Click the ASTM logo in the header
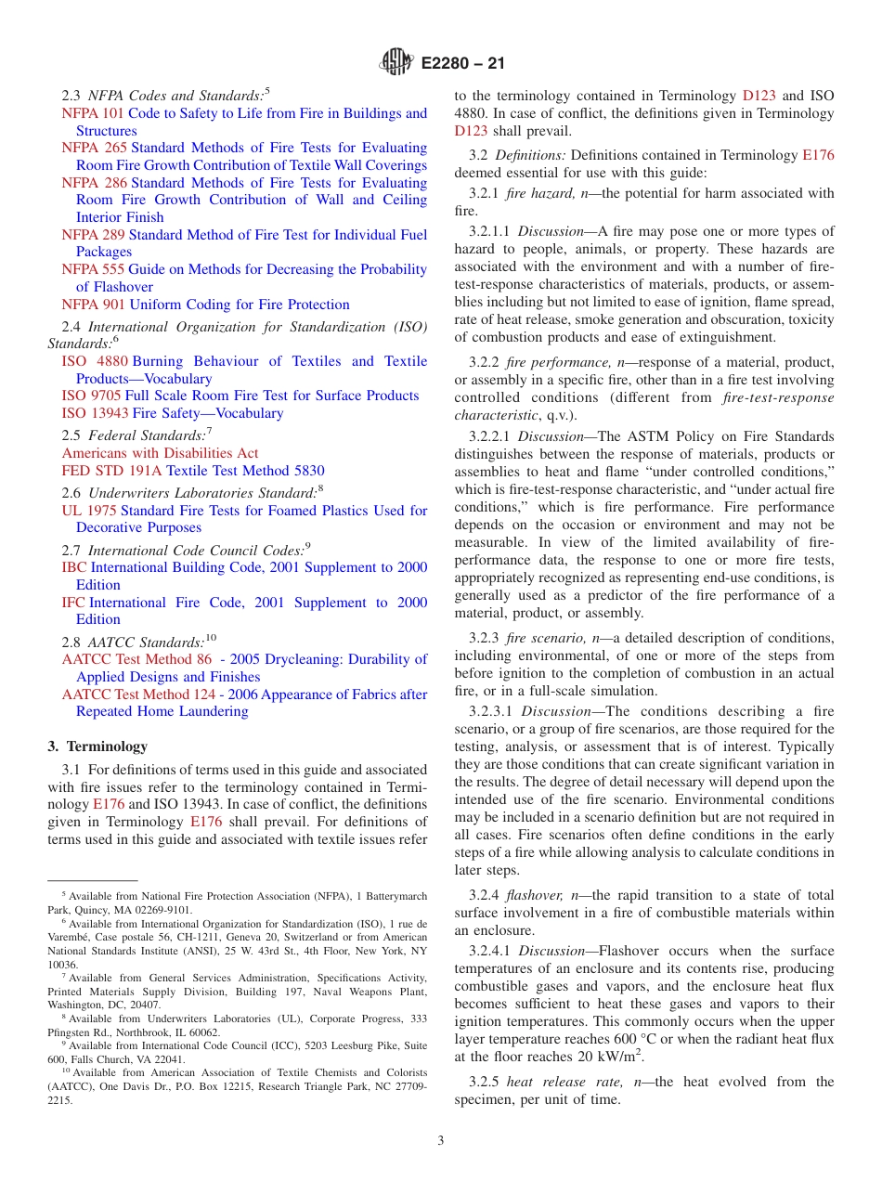(x=396, y=63)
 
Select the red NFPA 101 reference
(x=93, y=113)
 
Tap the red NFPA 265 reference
(x=94, y=148)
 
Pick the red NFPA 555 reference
(x=94, y=269)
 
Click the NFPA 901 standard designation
(x=94, y=305)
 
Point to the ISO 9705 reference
(x=92, y=396)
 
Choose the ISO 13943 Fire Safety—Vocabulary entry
(x=172, y=413)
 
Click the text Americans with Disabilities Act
(x=160, y=453)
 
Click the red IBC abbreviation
(x=74, y=567)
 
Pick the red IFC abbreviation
(x=73, y=603)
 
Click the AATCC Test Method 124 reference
(x=160, y=694)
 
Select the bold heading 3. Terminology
(x=97, y=746)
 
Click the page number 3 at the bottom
(x=441, y=1140)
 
